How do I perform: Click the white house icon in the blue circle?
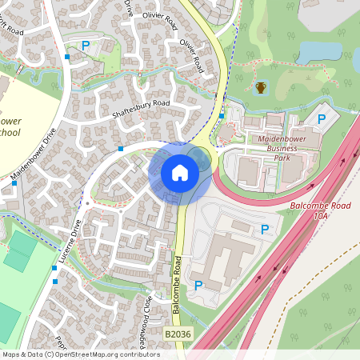pyautogui.click(x=180, y=172)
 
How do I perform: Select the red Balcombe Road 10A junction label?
pyautogui.click(x=321, y=210)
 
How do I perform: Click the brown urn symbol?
pyautogui.click(x=261, y=87)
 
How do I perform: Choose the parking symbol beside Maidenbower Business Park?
pyautogui.click(x=322, y=119)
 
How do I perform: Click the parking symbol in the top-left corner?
pyautogui.click(x=85, y=46)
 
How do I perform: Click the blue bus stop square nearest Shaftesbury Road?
pyautogui.click(x=120, y=148)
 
